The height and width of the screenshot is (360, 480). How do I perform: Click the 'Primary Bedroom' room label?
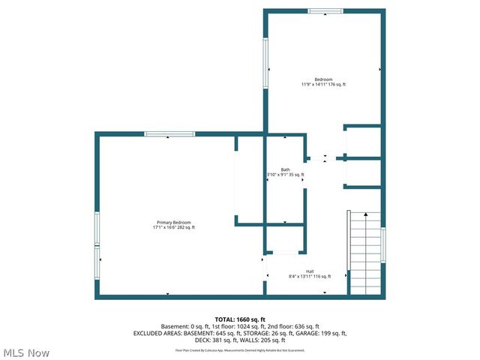pos(174,223)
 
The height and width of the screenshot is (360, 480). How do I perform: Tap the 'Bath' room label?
pos(285,169)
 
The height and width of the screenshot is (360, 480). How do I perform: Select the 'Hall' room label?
pos(310,271)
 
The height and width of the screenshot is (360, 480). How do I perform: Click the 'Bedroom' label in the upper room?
pos(323,79)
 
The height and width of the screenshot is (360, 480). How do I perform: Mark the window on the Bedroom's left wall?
pos(265,63)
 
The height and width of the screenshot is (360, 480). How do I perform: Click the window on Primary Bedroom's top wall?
pos(169,134)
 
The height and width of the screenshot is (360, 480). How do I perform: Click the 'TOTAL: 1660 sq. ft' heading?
pos(240,319)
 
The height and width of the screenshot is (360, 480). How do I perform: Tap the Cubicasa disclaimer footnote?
pos(240,349)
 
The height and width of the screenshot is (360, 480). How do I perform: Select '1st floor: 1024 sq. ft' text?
pos(239,326)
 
